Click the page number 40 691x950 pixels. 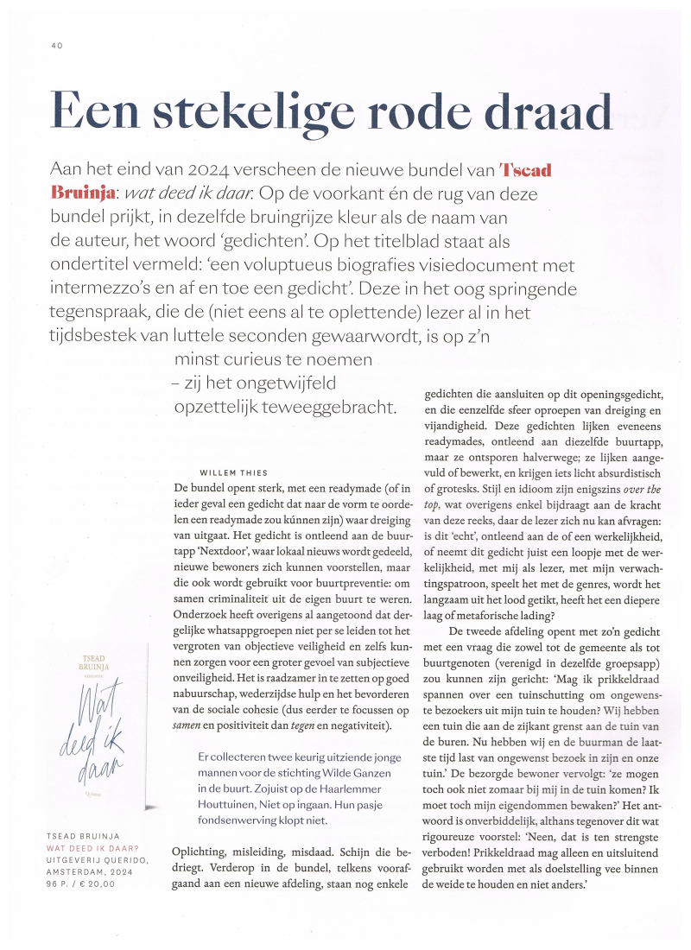tap(57, 46)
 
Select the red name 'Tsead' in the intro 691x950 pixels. tap(526, 168)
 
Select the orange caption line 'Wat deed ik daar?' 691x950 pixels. tap(95, 849)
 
